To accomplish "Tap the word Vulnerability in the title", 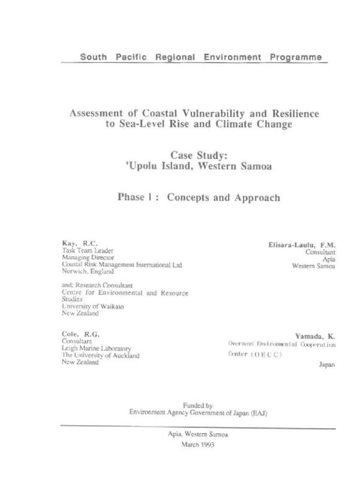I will point(191,113).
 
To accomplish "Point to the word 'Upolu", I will point(139,167).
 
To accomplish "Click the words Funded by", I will point(197,406).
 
